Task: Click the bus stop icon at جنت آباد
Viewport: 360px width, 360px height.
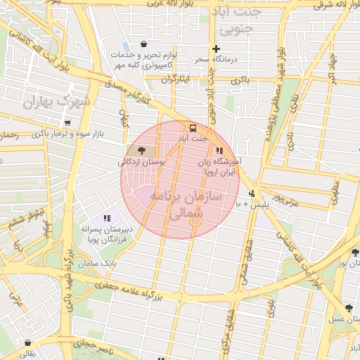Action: (193, 128)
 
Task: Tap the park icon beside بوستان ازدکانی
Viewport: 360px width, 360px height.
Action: (143, 150)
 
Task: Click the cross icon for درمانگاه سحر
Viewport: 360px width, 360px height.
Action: (217, 49)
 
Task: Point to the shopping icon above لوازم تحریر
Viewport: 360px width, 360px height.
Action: (144, 44)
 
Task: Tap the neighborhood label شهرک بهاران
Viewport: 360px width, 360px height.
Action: (57, 103)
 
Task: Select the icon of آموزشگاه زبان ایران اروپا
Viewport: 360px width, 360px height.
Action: (219, 150)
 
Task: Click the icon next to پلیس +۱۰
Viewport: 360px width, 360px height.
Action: (252, 194)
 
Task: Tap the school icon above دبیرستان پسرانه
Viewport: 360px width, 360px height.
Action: (108, 219)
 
